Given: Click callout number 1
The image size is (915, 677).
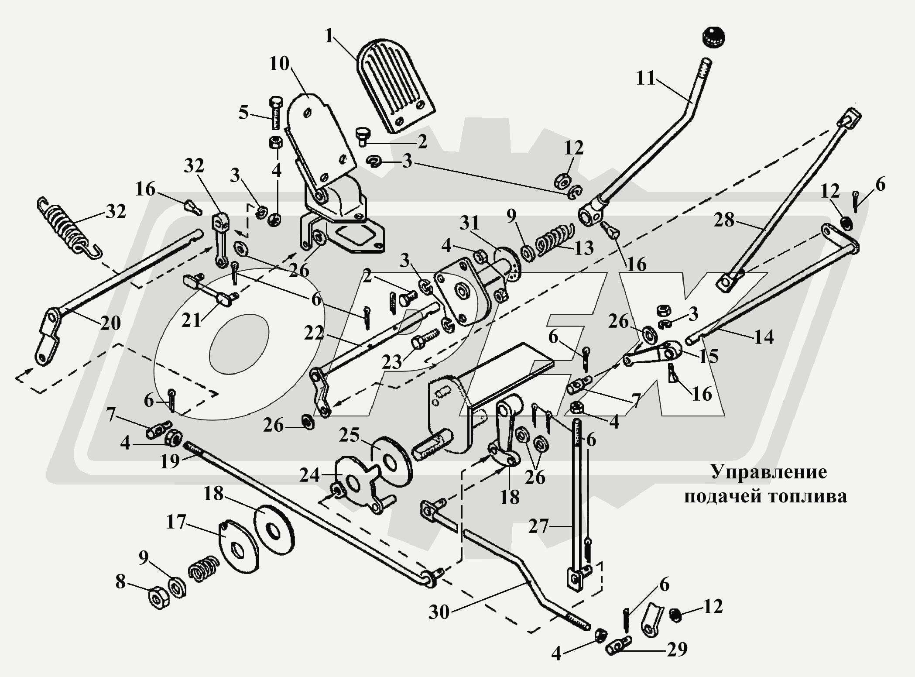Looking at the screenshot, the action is (x=329, y=36).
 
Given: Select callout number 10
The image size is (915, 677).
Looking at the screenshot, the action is (x=279, y=64).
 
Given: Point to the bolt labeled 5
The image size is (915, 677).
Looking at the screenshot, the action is (x=276, y=112).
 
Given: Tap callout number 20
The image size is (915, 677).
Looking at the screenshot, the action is (x=110, y=323).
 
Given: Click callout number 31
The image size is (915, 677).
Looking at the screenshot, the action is (x=469, y=223).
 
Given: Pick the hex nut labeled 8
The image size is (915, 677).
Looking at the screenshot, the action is (x=159, y=598).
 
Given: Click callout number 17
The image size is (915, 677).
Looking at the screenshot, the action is (x=176, y=522).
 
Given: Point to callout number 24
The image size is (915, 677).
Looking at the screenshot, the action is (x=309, y=475).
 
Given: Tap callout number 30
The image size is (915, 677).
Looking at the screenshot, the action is (x=439, y=612).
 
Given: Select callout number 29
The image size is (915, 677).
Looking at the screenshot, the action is (x=677, y=650).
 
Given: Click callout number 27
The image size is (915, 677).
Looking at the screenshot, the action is (x=538, y=526).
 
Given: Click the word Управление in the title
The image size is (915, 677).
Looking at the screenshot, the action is (x=769, y=472).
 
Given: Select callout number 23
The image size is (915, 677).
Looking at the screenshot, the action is (x=392, y=362).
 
